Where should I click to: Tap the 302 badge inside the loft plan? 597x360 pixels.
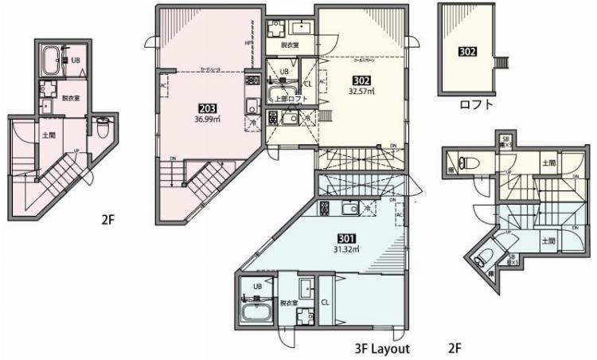pyautogui.click(x=467, y=52)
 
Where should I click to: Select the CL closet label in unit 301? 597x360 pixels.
pyautogui.click(x=325, y=303)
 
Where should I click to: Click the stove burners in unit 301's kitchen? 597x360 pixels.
pyautogui.click(x=324, y=209)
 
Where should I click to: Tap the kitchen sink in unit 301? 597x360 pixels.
pyautogui.click(x=351, y=209)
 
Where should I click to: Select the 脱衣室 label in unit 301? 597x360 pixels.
pyautogui.click(x=288, y=303)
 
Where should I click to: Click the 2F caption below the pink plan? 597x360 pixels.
pyautogui.click(x=109, y=218)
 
